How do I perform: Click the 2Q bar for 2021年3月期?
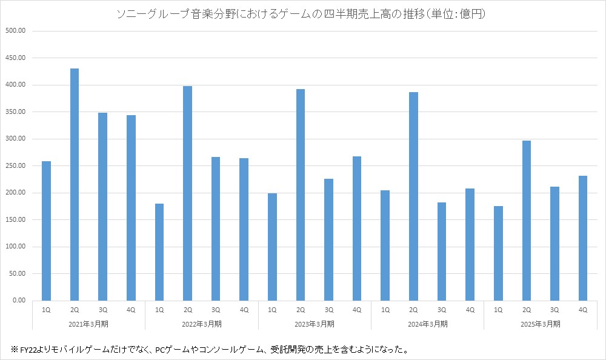75,184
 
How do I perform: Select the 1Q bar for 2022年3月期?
159,252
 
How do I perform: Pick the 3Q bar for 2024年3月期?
442,252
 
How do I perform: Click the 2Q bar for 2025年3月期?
526,221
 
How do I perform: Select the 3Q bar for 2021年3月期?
102,207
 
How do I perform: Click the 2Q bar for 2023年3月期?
301,195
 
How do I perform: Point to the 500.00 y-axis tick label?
15,31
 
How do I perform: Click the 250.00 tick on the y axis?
15,166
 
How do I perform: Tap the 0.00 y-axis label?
19,301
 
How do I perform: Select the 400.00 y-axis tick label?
15,85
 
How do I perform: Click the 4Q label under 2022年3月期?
244,310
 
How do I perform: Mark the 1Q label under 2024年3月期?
385,310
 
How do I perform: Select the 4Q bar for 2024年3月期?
470,244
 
